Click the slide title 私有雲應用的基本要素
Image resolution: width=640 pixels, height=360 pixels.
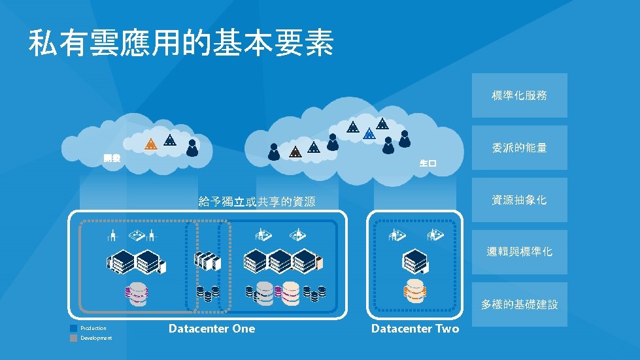[x=181, y=43]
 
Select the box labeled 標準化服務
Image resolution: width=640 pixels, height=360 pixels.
[x=519, y=96]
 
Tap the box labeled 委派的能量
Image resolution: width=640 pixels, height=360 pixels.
[x=519, y=148]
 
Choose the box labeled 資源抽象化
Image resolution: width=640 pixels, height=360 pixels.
[x=519, y=200]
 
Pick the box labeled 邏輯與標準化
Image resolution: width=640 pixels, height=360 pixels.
[x=519, y=252]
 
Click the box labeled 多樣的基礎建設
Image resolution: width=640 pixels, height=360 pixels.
[x=519, y=304]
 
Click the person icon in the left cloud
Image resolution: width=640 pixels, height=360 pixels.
[x=192, y=148]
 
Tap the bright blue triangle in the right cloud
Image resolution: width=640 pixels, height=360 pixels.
[x=369, y=134]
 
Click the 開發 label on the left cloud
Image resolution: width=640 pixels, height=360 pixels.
[x=112, y=158]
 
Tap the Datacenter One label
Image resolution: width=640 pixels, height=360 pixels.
[x=212, y=329]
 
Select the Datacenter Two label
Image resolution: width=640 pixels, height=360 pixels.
[x=415, y=329]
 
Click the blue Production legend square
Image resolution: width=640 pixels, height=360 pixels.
[x=74, y=328]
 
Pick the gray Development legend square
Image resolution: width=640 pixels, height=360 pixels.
[x=74, y=338]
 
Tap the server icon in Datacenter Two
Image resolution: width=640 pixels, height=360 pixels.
[x=414, y=261]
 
